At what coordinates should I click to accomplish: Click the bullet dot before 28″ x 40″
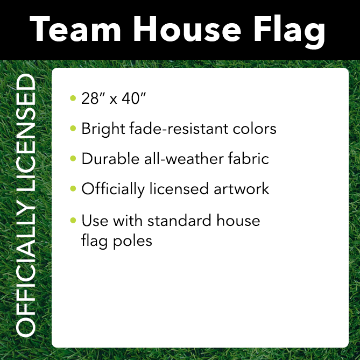(x=73, y=98)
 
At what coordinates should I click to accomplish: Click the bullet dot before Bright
(x=73, y=129)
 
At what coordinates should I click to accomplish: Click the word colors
(x=255, y=129)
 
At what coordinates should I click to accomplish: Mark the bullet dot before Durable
(x=73, y=159)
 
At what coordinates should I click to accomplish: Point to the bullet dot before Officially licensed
(x=73, y=189)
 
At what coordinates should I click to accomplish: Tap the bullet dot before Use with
(x=73, y=221)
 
